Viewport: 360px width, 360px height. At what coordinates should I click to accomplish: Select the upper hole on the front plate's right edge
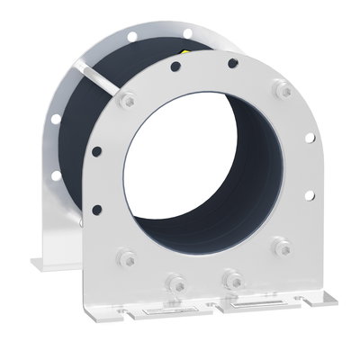point(310,139)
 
